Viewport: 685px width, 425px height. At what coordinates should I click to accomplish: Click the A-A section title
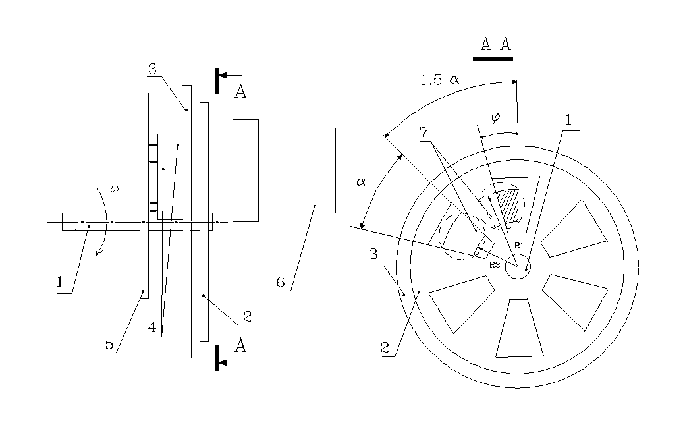(495, 44)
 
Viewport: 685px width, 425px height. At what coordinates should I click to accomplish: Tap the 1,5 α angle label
(439, 80)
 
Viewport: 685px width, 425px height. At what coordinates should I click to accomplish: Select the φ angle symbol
(495, 117)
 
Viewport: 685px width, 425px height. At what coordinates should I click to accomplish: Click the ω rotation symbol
(115, 189)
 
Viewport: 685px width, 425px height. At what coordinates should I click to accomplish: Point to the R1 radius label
(518, 246)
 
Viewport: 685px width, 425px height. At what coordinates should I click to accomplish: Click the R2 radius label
(495, 264)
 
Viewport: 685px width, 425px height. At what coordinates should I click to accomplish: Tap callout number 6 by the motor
(281, 282)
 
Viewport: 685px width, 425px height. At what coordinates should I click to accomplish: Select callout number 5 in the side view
(109, 344)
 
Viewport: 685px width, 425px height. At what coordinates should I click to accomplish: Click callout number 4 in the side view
(152, 327)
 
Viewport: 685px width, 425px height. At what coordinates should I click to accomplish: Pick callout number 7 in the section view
(424, 132)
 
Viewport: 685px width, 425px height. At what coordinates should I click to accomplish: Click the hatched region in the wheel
(508, 206)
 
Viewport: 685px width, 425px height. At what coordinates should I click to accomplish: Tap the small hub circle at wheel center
(518, 266)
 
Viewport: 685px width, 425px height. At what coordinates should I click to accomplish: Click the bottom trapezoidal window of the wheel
(520, 328)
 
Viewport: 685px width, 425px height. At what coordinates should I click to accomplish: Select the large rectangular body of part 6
(297, 171)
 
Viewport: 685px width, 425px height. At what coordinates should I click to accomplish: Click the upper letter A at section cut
(240, 92)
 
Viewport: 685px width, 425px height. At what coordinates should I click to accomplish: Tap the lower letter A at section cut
(240, 345)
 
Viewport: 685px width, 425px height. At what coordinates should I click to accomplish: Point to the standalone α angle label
(360, 182)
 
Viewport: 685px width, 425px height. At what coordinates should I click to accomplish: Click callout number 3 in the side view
(152, 69)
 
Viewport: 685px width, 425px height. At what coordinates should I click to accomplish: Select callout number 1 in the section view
(568, 120)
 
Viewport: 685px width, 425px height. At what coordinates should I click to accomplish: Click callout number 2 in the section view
(385, 348)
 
